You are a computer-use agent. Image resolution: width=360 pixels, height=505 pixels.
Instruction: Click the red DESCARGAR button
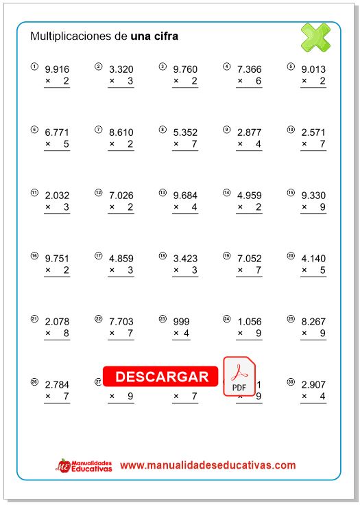[x=162, y=377]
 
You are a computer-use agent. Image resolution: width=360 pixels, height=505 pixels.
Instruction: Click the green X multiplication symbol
[x=315, y=38]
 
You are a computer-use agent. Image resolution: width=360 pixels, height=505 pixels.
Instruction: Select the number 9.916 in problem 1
[x=57, y=69]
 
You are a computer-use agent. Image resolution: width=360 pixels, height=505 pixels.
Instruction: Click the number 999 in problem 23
[x=182, y=322]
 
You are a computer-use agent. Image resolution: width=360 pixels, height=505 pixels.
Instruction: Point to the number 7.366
[x=249, y=69]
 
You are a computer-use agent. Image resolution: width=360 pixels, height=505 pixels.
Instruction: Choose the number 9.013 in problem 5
[x=313, y=69]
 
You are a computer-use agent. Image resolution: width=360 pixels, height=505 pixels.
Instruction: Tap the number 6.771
[x=57, y=132]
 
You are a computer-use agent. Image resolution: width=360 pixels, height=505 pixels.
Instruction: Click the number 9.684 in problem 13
[x=185, y=196]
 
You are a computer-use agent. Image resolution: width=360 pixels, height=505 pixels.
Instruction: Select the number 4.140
[x=313, y=259]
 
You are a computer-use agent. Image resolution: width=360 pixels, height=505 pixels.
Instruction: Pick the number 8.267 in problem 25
[x=313, y=322]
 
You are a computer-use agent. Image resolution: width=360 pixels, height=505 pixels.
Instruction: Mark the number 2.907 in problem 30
[x=313, y=385]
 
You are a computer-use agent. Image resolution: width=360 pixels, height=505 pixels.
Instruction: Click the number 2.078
[x=57, y=322]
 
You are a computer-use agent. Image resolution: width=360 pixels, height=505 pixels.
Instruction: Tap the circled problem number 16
[x=34, y=255]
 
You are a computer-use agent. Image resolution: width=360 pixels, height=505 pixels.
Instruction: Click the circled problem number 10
[x=291, y=129]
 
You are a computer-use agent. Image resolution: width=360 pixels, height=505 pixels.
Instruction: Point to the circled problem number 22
[x=99, y=318]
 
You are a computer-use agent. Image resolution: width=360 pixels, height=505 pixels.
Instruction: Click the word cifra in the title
[x=165, y=36]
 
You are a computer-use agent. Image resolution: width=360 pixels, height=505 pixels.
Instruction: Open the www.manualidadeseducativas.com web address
[x=208, y=465]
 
